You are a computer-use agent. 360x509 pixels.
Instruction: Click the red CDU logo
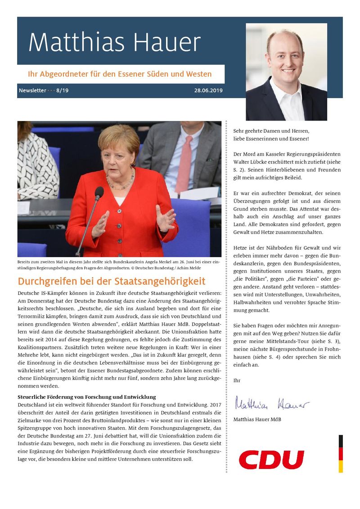coord(271,460)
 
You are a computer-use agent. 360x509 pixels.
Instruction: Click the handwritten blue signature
coord(272,403)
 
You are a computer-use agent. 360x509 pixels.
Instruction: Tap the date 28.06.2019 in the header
coord(208,90)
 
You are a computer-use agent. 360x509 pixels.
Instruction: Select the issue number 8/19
coord(63,90)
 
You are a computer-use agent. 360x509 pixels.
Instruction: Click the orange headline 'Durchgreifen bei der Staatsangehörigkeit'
coord(111,282)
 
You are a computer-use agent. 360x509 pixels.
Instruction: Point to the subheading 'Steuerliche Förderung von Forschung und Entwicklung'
coord(86,397)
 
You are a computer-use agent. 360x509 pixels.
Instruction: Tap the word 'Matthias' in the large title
coord(75,43)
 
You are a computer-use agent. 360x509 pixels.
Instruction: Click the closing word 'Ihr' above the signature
coord(237,380)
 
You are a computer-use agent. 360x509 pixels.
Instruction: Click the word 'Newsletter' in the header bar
coord(32,90)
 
